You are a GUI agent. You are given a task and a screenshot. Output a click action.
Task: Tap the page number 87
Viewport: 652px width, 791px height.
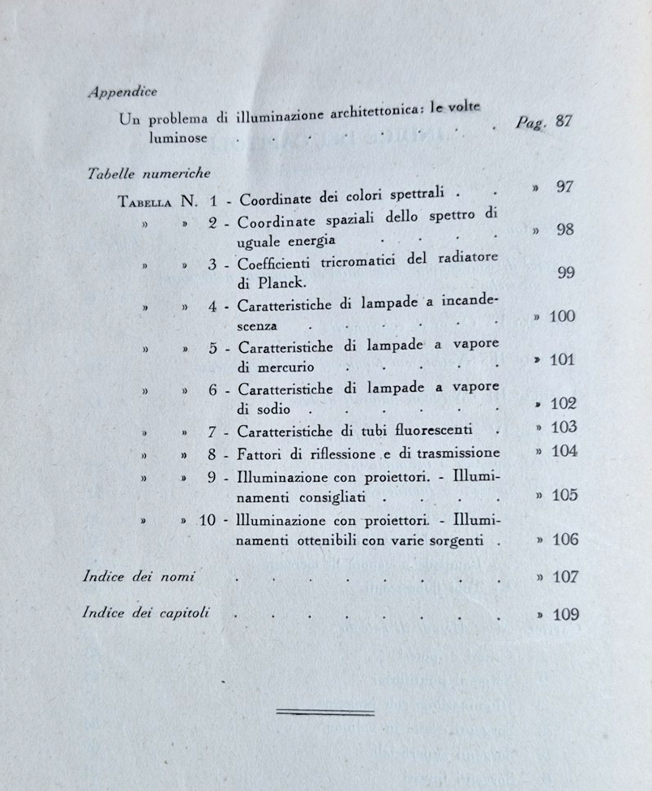click(x=565, y=121)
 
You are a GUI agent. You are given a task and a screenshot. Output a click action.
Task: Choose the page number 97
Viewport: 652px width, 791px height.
click(x=565, y=187)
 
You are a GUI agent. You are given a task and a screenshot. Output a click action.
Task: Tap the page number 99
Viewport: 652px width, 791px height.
click(x=567, y=273)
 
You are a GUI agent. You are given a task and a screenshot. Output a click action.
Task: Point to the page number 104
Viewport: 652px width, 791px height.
click(x=564, y=452)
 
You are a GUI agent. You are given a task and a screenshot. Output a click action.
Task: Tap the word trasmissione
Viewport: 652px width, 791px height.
click(x=458, y=454)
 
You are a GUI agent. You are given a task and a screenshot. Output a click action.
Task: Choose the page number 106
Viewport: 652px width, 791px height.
click(x=564, y=540)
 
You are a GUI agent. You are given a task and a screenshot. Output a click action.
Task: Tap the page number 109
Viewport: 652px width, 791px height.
click(x=565, y=614)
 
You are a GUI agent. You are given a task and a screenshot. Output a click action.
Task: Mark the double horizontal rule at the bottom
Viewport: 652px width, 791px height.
click(x=325, y=712)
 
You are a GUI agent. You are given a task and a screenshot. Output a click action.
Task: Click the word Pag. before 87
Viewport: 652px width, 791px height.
click(x=532, y=123)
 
